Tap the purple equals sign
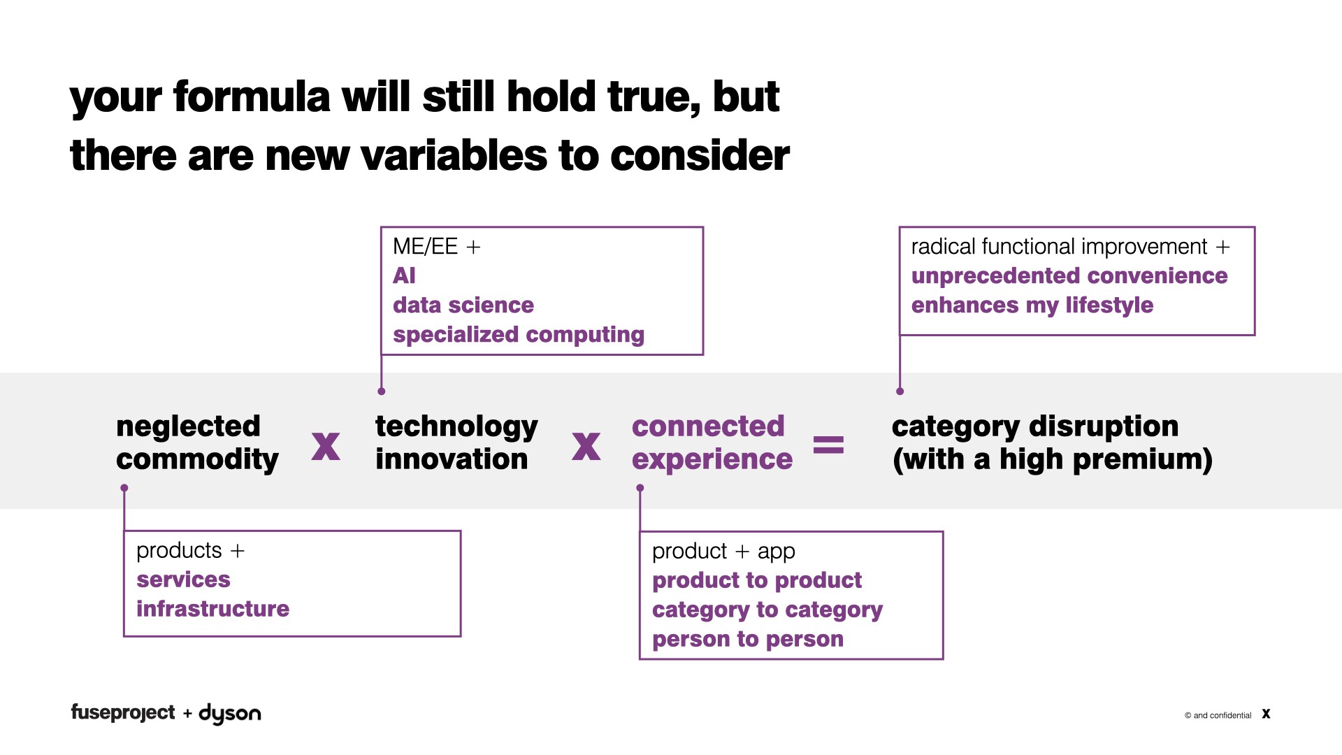pos(828,445)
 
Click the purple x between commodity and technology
pos(326,446)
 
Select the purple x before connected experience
pos(586,446)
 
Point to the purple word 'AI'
pos(404,275)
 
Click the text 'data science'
pos(463,305)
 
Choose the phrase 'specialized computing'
pos(518,335)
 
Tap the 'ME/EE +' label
pos(436,246)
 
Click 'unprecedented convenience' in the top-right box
pos(1069,276)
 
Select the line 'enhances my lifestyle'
pos(1032,305)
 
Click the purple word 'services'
pos(183,580)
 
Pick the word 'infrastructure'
pos(212,609)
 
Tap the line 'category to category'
pos(767,610)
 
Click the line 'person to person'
pos(747,640)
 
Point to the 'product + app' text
pos(723,552)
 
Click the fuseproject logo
pos(123,712)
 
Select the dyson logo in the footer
pos(230,714)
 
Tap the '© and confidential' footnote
pos(1218,715)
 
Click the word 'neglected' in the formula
pos(188,426)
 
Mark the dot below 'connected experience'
pos(640,488)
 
